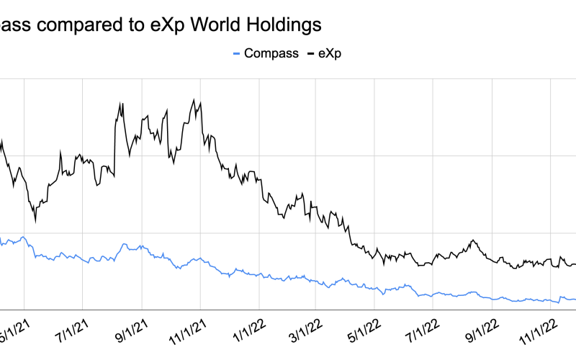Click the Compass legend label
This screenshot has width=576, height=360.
[x=271, y=53]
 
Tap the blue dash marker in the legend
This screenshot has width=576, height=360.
[x=237, y=53]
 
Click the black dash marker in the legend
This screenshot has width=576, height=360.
[x=310, y=53]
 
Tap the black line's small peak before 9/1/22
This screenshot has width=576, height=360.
[x=473, y=240]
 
